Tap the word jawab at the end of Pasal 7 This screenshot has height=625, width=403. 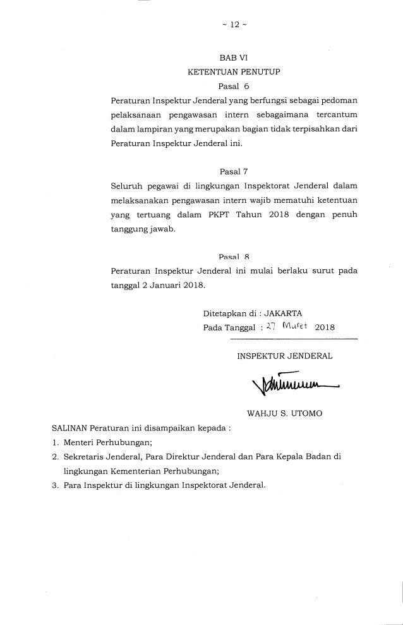point(161,229)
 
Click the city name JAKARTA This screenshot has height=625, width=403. point(284,313)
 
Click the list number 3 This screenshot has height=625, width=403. point(56,486)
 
